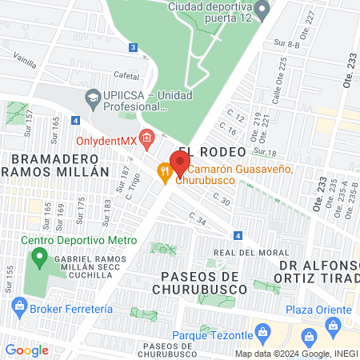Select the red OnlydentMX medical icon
coord(146,139)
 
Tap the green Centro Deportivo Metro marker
coord(38,258)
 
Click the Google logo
coord(26,350)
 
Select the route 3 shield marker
coord(132,47)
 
